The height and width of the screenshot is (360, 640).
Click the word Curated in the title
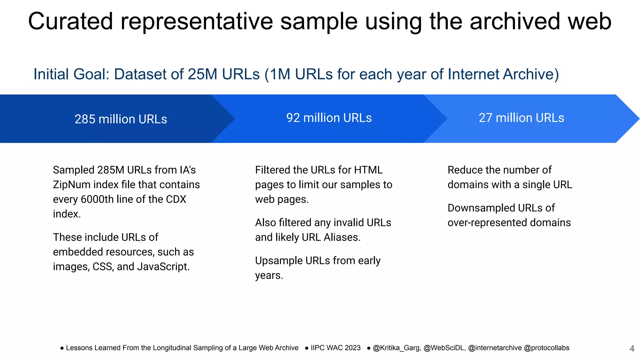pos(70,21)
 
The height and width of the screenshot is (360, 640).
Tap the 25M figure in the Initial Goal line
pos(202,74)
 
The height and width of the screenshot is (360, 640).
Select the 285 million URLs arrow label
pos(121,119)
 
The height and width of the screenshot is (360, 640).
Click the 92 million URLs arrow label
pos(329,118)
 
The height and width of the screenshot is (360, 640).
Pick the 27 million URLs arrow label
pos(521,118)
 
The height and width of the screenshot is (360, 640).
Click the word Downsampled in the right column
pos(481,208)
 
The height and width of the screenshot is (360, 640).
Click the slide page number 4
pos(632,348)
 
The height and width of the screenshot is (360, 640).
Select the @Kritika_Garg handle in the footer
pos(396,348)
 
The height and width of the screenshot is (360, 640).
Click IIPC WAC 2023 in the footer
pos(335,348)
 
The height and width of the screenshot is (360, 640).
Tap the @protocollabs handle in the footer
pos(546,348)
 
